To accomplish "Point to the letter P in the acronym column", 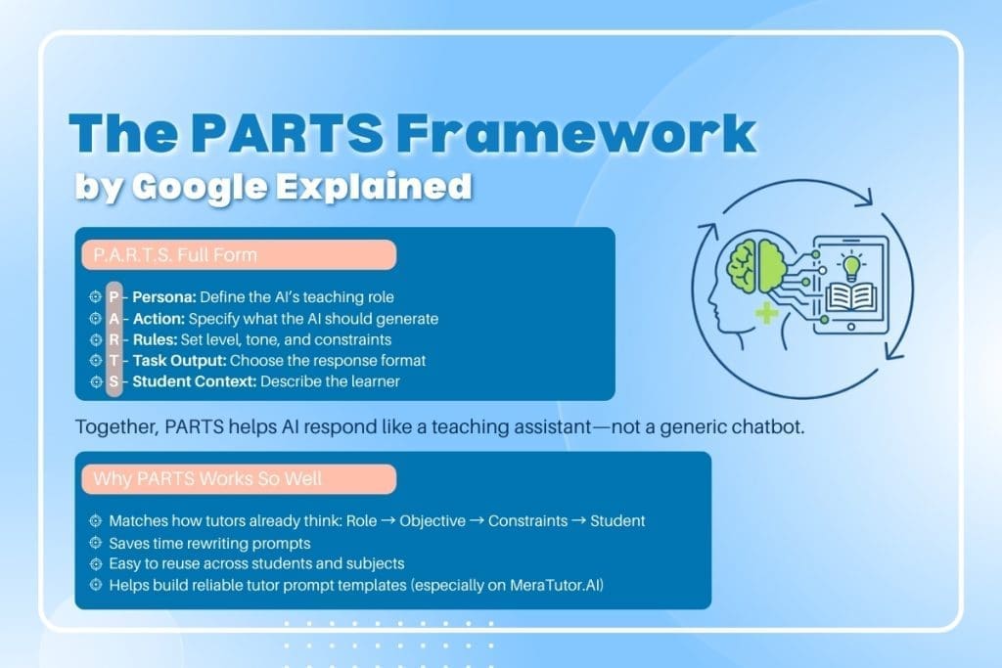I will (x=114, y=296).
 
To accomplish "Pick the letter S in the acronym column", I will (x=114, y=381).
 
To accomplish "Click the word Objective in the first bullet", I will (x=433, y=521).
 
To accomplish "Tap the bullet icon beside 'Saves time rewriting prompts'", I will (x=95, y=543).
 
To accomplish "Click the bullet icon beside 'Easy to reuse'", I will (x=95, y=564).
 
